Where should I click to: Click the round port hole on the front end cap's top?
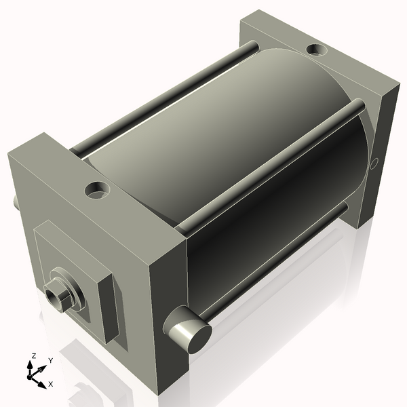click(97, 190)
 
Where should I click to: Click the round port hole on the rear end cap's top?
click(317, 50)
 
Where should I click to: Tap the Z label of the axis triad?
click(33, 355)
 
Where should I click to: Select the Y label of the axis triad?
click(51, 360)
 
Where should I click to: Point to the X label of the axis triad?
click(51, 384)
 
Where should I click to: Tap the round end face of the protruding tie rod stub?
click(199, 338)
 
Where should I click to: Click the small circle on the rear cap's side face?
click(374, 163)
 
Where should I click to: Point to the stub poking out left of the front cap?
click(15, 201)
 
